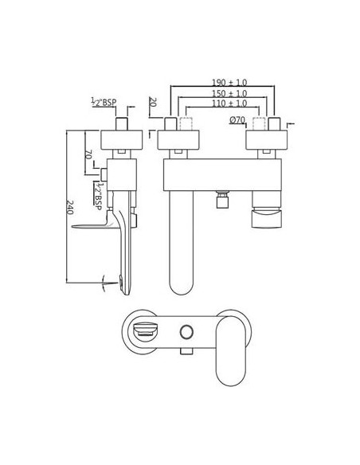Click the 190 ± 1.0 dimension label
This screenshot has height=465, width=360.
[x=229, y=82]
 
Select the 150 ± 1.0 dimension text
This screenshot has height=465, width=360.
[x=229, y=93]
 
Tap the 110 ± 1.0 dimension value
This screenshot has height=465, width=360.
[x=229, y=104]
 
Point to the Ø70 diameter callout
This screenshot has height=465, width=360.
[x=237, y=119]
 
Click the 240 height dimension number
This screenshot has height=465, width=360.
[x=70, y=207]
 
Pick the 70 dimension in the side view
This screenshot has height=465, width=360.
[x=88, y=154]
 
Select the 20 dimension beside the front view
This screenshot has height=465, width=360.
[x=153, y=102]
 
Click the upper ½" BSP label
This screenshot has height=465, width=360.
[x=104, y=102]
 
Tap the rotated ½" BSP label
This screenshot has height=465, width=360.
[x=98, y=196]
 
